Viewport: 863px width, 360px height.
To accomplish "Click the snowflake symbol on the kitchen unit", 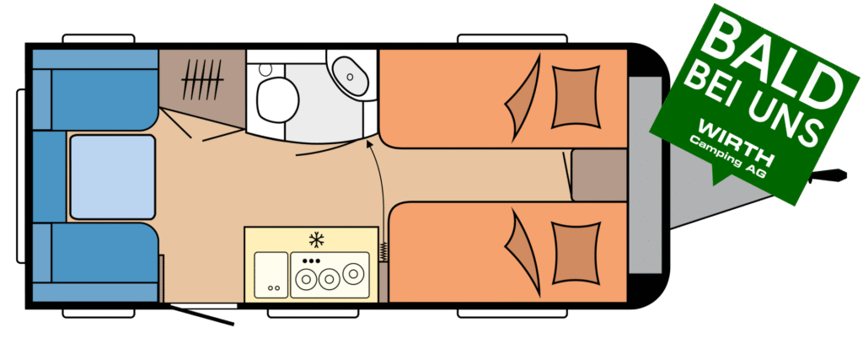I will [x=317, y=239].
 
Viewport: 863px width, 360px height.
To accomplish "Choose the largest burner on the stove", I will [x=351, y=273].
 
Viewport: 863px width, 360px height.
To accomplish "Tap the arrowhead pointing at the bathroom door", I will [x=371, y=144].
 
